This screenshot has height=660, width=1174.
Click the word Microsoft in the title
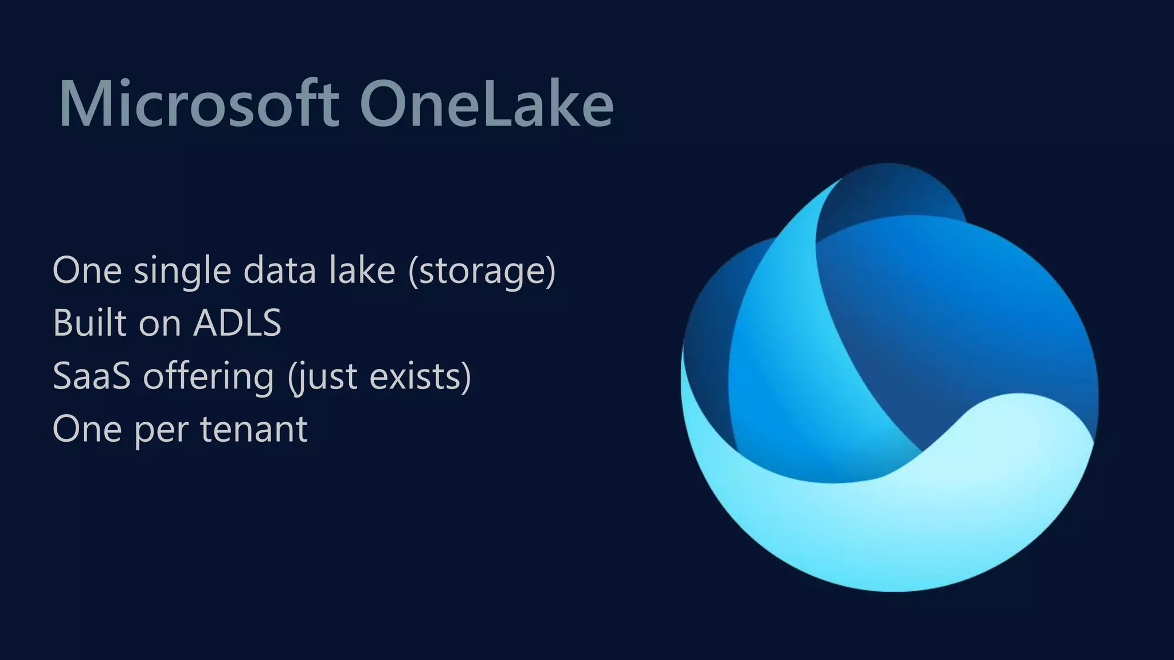[x=198, y=104]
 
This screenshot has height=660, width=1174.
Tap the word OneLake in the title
[x=486, y=104]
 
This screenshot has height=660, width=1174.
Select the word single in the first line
[x=182, y=270]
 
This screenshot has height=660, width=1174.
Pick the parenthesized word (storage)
[x=482, y=270]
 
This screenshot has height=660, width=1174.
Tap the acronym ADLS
[x=237, y=323]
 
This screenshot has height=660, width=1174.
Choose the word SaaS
[x=92, y=376]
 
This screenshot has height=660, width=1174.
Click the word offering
[x=208, y=376]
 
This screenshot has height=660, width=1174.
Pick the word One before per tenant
[x=87, y=429]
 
